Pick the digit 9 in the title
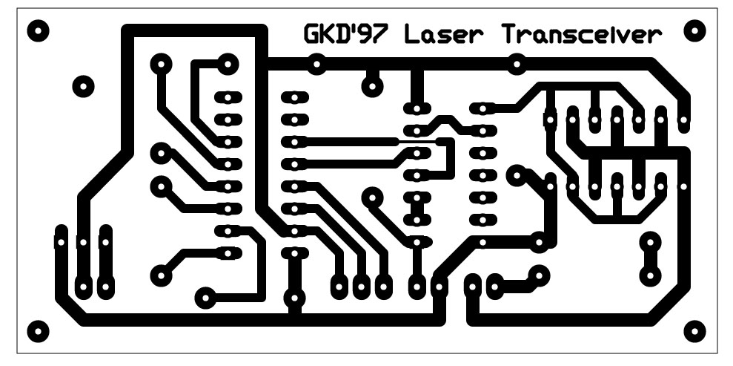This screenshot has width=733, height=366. coord(369,35)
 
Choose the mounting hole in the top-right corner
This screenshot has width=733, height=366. coord(694,30)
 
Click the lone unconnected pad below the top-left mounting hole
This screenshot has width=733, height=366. coord(84,86)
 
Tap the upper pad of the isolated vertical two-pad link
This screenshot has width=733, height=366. coord(651,242)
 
